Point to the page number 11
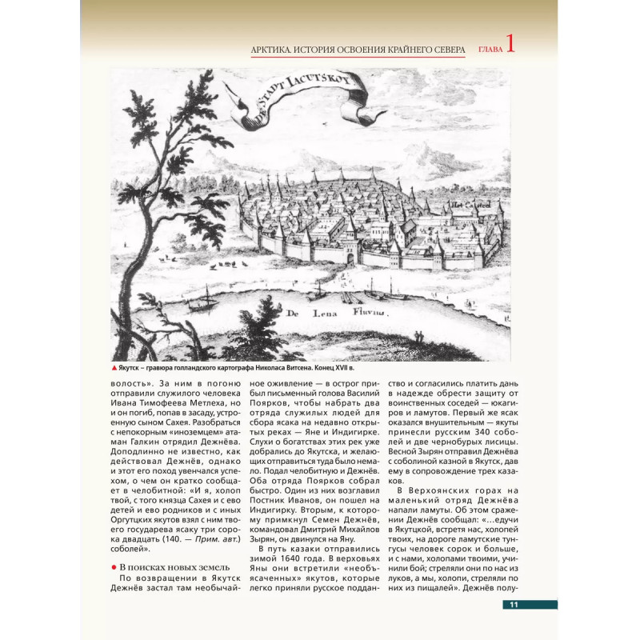click(x=516, y=605)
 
